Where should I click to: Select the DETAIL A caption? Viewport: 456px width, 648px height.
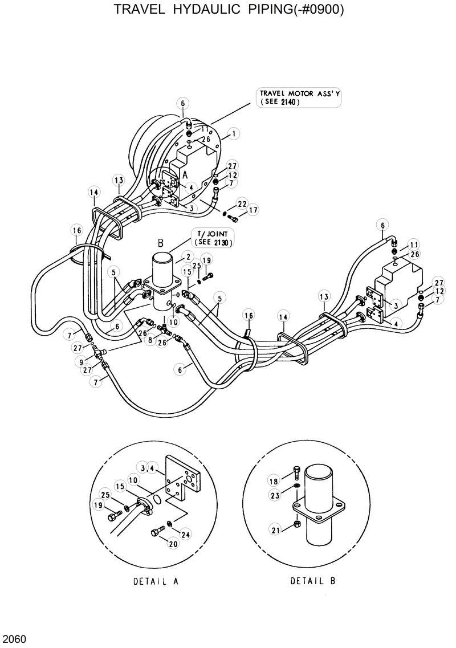pos(156,582)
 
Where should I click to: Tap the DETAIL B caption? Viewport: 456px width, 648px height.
pos(313,582)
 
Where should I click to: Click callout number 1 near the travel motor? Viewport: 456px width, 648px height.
pos(233,135)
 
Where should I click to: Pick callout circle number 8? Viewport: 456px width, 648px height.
pos(150,341)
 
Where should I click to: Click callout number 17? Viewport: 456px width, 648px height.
pos(253,210)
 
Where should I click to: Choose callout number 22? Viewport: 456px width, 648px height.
pos(242,203)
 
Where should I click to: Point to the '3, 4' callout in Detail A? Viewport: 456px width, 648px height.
pos(146,468)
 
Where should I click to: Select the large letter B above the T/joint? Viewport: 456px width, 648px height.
pos(161,243)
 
